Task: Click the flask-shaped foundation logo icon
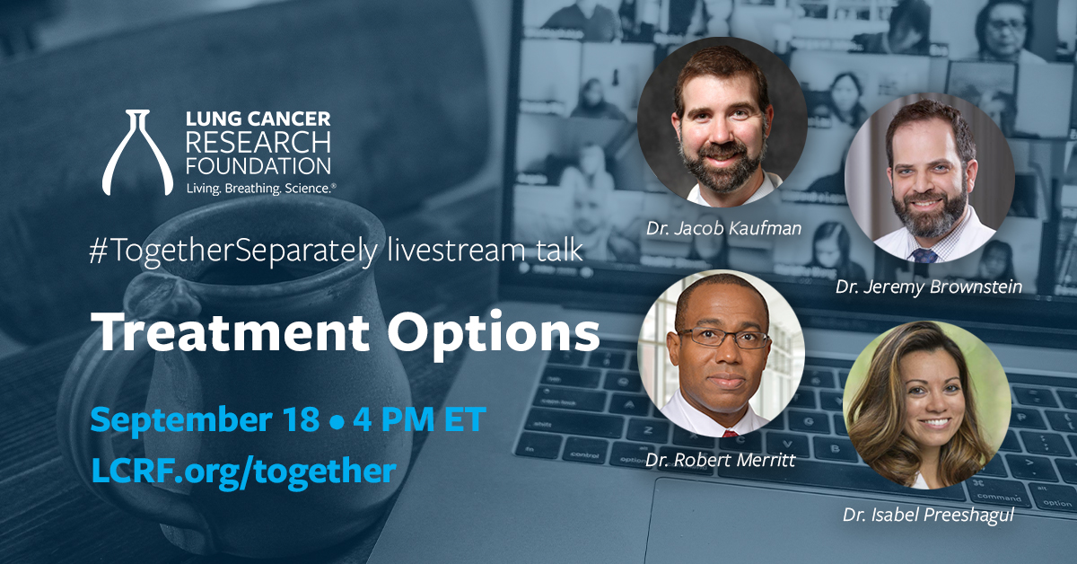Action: click(x=137, y=152)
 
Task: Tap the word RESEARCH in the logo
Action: click(x=258, y=142)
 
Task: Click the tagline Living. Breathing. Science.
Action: click(x=260, y=189)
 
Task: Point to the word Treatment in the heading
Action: click(x=233, y=332)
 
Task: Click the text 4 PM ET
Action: click(x=419, y=419)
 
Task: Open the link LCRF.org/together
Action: click(x=244, y=471)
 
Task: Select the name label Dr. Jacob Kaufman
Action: click(x=723, y=228)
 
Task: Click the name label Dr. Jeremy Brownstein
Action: click(x=929, y=287)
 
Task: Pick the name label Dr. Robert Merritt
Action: click(x=720, y=460)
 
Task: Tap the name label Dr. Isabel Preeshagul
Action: click(x=928, y=516)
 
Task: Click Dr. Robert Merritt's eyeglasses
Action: click(x=722, y=338)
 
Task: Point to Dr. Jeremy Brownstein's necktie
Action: click(x=924, y=255)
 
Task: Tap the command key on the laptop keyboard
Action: click(x=998, y=494)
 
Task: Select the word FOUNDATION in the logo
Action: click(x=258, y=166)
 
